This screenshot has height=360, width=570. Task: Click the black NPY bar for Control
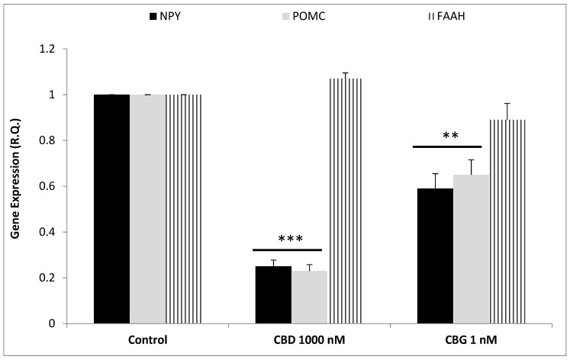pos(111,209)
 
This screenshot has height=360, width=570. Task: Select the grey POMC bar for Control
pos(147,209)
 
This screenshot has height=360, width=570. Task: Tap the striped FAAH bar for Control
pos(184,209)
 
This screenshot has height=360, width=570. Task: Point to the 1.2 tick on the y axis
pos(70,50)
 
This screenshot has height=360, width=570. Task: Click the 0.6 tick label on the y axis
pos(70,186)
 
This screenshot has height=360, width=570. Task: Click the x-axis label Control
pos(148,339)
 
